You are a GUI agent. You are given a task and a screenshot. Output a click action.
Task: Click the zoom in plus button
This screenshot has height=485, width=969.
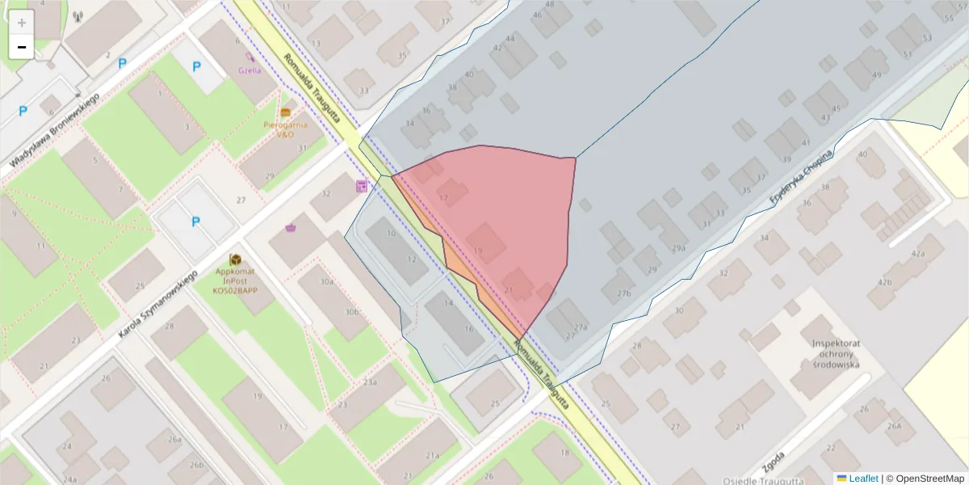[x=22, y=23]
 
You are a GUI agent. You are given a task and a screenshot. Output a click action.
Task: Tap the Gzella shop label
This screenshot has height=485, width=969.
[x=250, y=70]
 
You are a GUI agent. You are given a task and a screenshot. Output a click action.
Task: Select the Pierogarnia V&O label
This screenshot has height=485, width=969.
[x=285, y=129]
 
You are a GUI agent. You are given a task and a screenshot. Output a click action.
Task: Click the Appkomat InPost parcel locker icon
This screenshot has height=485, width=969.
[x=236, y=259]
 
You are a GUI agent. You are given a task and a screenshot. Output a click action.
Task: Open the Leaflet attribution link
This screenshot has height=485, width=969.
[x=863, y=479]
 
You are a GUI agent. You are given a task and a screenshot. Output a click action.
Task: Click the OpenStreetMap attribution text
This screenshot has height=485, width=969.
[x=925, y=479]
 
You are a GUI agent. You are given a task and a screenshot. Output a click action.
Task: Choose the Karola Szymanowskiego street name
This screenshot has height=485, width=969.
[x=157, y=306]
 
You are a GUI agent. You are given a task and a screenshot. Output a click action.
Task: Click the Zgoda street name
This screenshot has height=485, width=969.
[x=773, y=462]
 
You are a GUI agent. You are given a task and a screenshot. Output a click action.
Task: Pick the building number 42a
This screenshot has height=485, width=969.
[x=917, y=254]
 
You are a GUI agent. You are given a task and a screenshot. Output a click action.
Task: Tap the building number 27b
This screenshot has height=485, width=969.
[x=623, y=293]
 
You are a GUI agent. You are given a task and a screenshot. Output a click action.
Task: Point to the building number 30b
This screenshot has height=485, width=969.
[x=351, y=311]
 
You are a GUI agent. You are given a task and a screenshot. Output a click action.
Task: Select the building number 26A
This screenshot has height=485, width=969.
[x=894, y=426]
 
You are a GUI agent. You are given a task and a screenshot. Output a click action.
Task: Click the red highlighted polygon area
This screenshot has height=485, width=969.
[x=509, y=218]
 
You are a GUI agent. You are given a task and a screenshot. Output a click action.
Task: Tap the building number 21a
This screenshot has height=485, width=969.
[x=433, y=456]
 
